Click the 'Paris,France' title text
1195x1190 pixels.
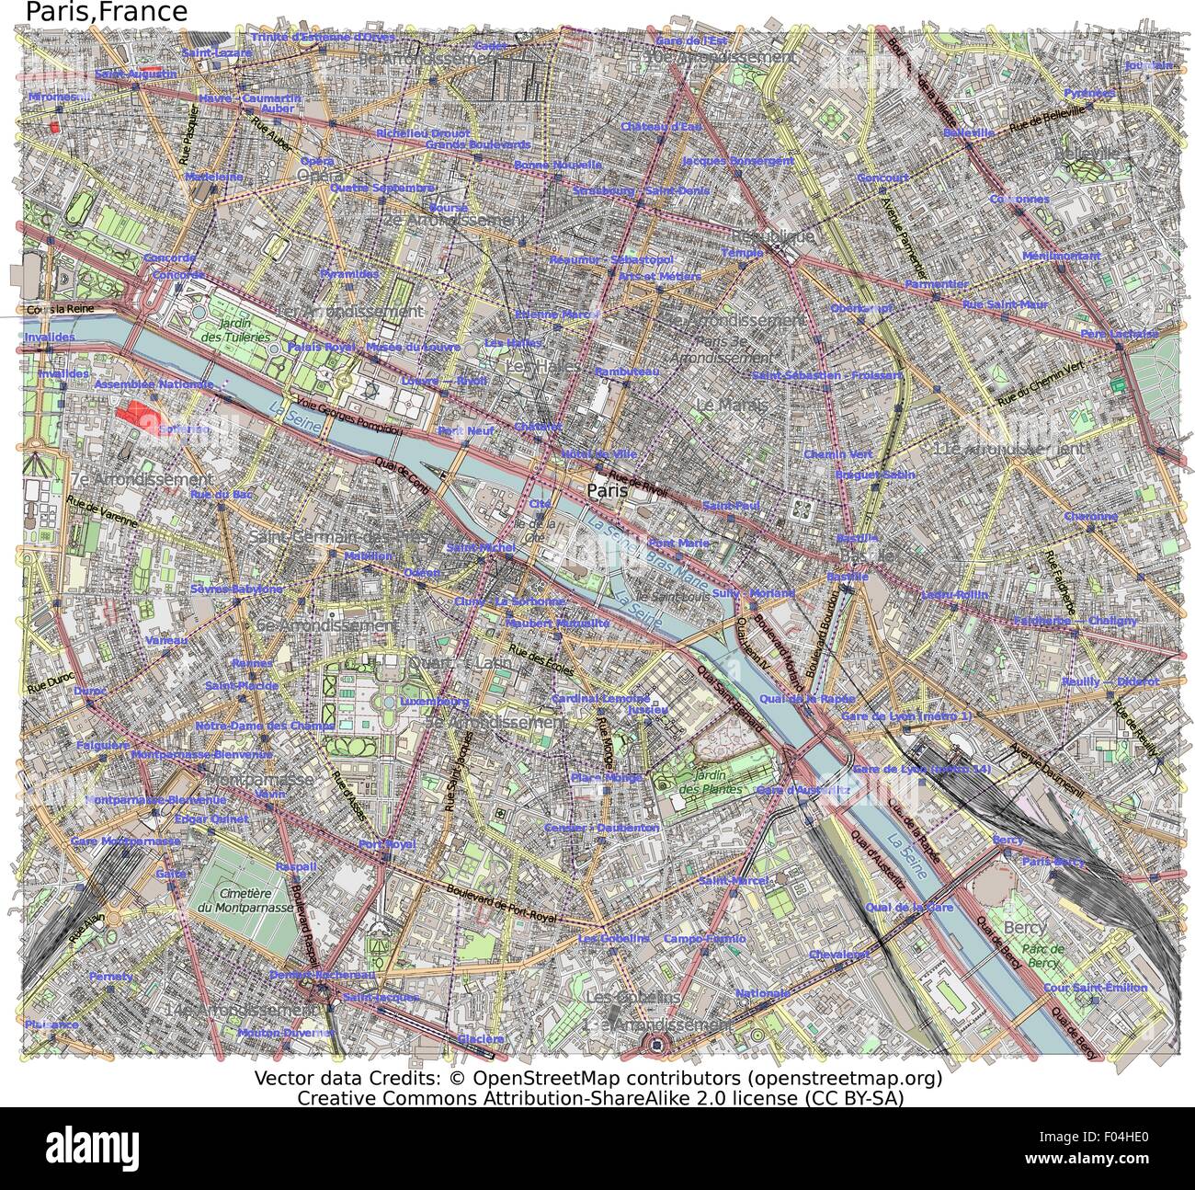pyautogui.click(x=107, y=12)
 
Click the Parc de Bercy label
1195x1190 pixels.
pyautogui.click(x=1044, y=955)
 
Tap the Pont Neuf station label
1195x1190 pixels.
pyautogui.click(x=460, y=430)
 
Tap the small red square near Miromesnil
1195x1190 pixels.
pyautogui.click(x=54, y=127)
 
